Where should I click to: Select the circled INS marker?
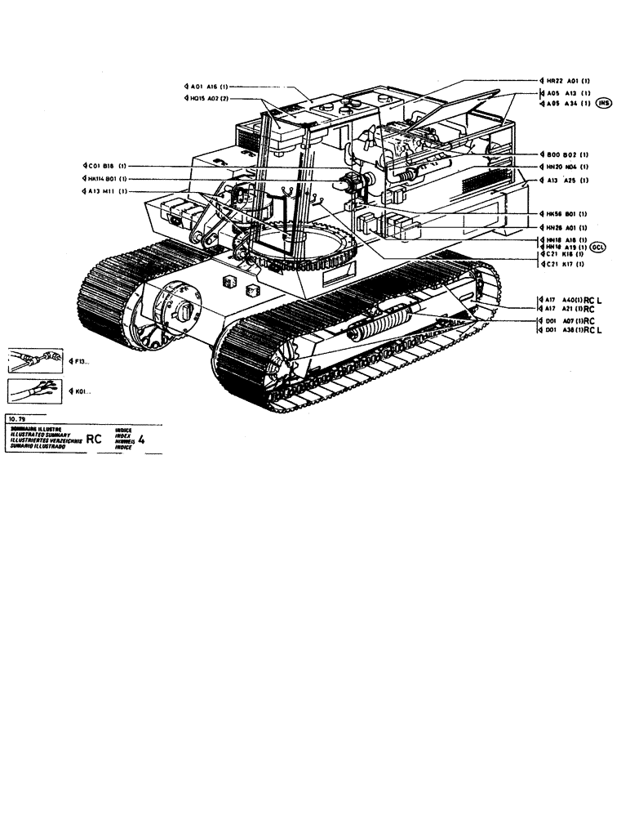605,103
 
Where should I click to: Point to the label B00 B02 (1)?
567,154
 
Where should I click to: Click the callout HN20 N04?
567,167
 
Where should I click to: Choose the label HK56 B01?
567,213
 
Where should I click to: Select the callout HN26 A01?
567,226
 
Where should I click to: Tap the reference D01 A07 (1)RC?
569,322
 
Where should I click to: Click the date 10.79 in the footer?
18,417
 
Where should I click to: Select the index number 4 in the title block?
143,438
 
